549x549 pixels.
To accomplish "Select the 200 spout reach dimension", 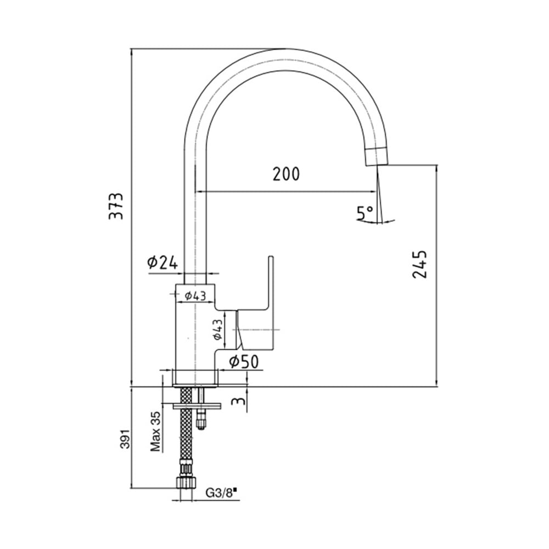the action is click(x=286, y=174).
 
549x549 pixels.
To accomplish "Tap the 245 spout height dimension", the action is click(x=419, y=264).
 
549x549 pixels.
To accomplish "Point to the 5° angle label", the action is click(x=366, y=212).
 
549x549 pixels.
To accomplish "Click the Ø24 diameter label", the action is click(x=163, y=262).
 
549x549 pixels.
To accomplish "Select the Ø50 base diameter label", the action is click(x=244, y=361).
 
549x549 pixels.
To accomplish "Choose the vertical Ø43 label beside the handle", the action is click(x=217, y=329).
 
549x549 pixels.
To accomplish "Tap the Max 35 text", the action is click(x=156, y=430).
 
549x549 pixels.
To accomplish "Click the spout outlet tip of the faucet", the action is click(x=377, y=156).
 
